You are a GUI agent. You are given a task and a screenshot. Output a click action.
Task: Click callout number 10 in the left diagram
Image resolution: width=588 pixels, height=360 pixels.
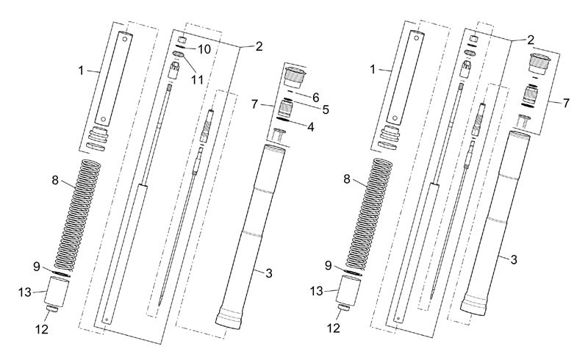tap(204, 49)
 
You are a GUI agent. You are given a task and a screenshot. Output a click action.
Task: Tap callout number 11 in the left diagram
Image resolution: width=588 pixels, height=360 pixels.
tap(197, 79)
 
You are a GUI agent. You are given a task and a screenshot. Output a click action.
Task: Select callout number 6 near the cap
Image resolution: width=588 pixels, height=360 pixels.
tap(316, 98)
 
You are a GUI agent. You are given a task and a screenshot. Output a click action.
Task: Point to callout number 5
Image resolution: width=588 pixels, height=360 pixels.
tap(326, 109)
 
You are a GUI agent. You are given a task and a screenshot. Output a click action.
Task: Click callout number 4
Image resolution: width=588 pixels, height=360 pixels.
tap(310, 127)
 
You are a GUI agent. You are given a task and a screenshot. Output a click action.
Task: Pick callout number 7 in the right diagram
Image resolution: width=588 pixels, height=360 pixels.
tap(566, 103)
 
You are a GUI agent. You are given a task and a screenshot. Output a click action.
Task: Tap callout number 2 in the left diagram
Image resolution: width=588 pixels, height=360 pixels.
tap(259, 46)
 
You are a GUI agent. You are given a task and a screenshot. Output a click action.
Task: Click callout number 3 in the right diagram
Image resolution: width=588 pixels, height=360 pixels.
tap(514, 259)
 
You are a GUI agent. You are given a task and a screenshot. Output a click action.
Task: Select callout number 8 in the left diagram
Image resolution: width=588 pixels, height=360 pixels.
tap(55, 181)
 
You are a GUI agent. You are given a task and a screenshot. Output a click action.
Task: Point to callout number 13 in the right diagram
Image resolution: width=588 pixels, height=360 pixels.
tap(317, 291)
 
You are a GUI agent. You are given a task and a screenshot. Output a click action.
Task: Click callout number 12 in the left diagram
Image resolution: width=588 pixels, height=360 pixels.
tap(42, 329)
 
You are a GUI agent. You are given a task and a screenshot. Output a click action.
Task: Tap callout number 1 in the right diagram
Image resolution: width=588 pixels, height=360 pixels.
tap(373, 69)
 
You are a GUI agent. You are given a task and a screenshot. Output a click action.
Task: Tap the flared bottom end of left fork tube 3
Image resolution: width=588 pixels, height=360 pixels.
tap(228, 321)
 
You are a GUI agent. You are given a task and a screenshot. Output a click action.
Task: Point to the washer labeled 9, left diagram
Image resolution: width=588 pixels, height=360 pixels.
tap(60, 274)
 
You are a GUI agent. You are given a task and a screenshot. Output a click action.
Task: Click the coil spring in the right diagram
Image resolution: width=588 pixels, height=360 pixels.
tap(370, 214)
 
